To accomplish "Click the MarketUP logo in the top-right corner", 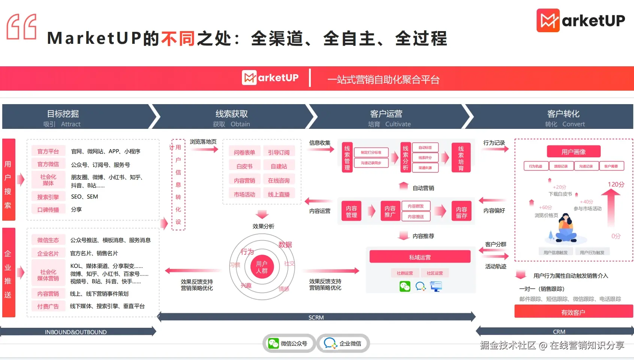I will (x=580, y=20).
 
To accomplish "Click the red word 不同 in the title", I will (x=178, y=39).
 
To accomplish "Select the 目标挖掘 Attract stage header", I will (x=63, y=118).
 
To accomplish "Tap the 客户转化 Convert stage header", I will (x=564, y=118).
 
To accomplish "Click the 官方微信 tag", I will (x=48, y=164).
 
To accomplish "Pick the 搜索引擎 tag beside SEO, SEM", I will (x=48, y=197).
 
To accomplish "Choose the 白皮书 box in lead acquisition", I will (x=244, y=166).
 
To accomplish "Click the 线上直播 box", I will (x=279, y=194).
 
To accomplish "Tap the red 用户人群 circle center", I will (x=262, y=267).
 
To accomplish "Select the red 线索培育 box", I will (x=461, y=158).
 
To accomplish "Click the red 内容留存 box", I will (x=461, y=212).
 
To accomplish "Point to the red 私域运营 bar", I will (x=420, y=257).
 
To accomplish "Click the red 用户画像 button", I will (x=573, y=152).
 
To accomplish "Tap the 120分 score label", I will (x=616, y=184).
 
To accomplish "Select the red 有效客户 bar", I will (x=573, y=312).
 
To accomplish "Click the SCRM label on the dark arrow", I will (x=316, y=317).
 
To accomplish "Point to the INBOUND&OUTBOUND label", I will (x=76, y=332).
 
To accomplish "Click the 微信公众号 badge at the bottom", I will (x=289, y=344).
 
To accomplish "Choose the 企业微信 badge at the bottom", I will (x=343, y=344).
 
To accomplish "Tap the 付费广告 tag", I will (x=48, y=306).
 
